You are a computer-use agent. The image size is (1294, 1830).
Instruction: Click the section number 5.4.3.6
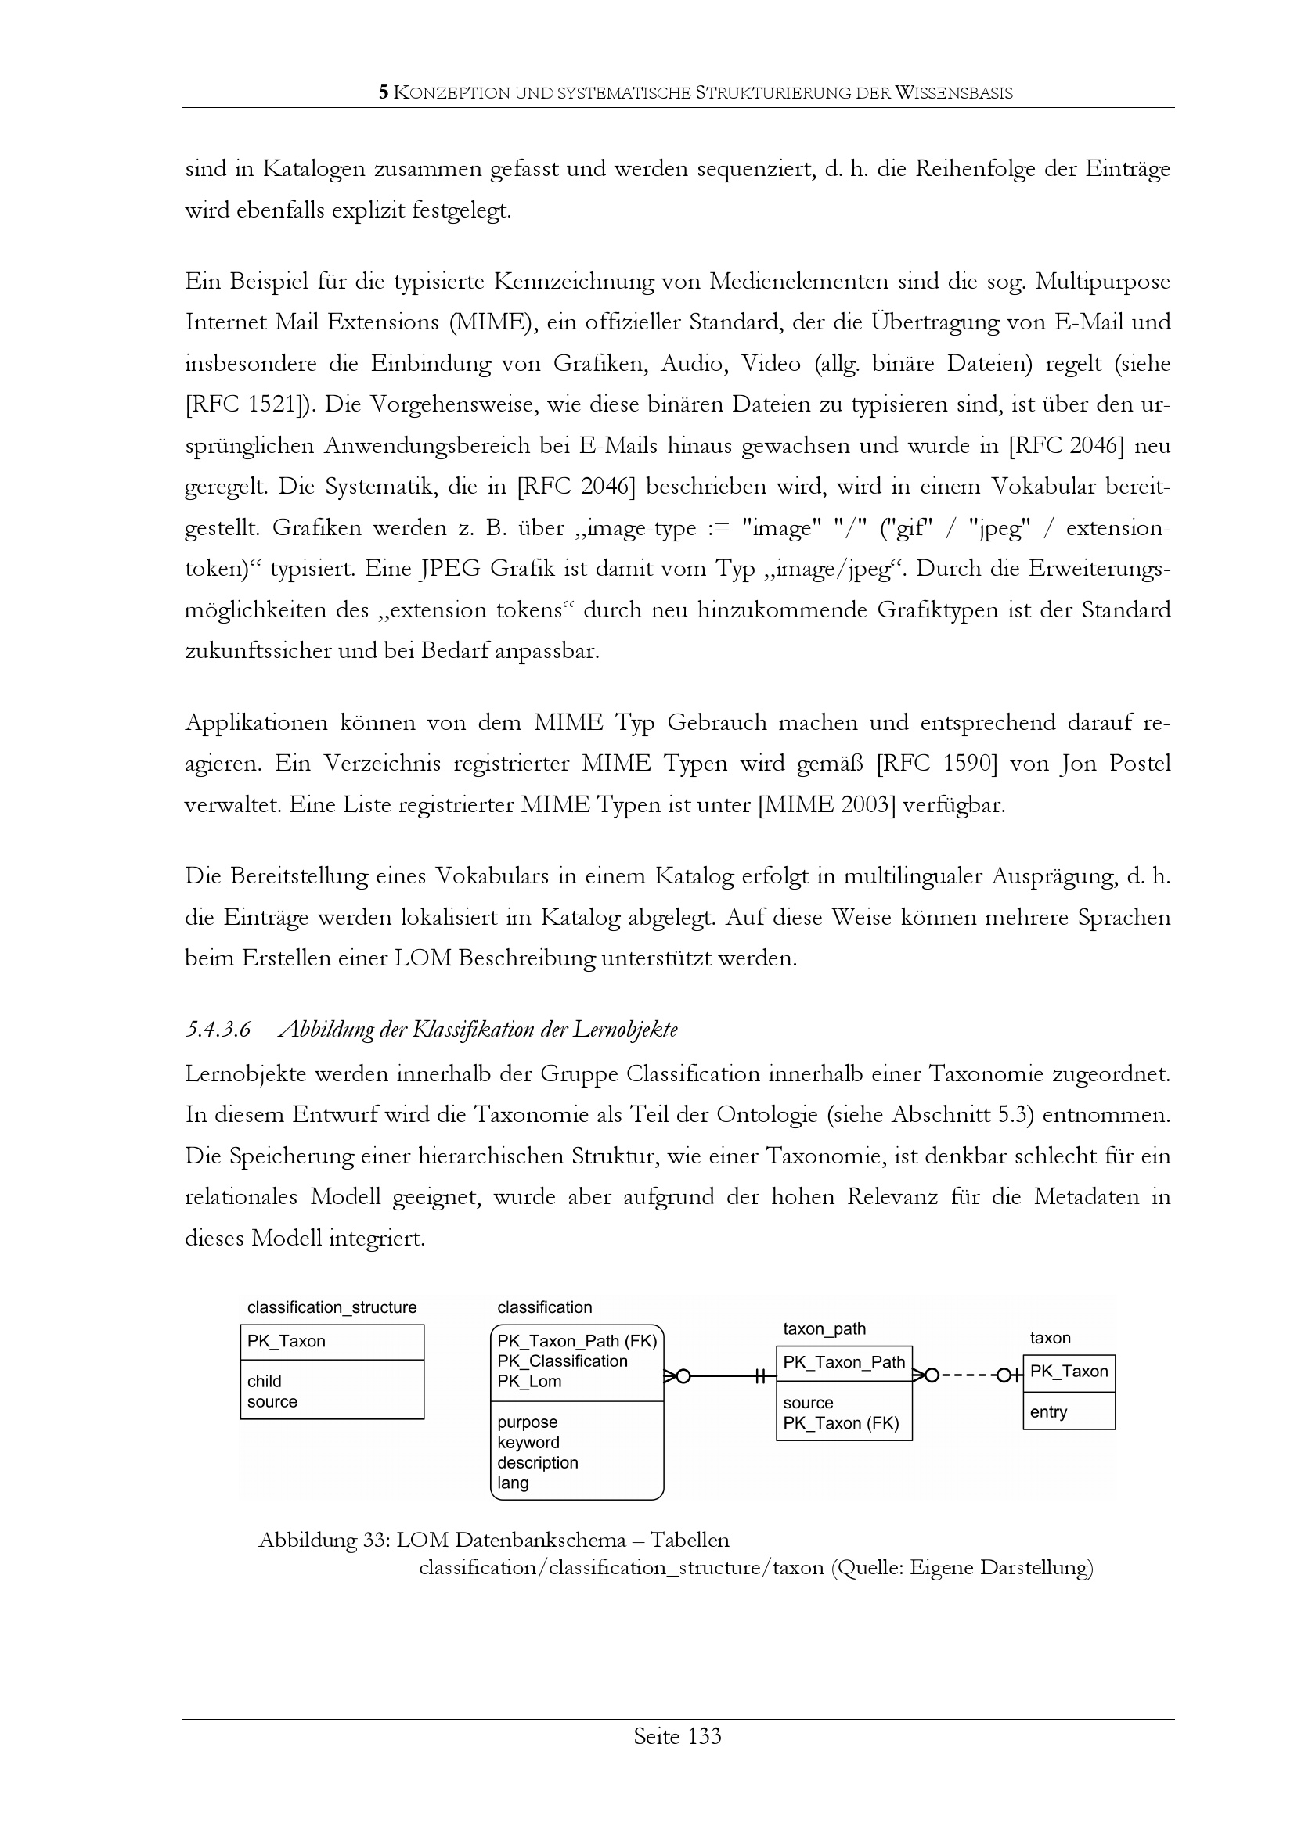tap(218, 1030)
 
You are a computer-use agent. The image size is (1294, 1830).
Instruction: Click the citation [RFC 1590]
tap(937, 764)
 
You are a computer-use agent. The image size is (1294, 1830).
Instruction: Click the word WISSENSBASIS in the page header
tap(953, 93)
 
